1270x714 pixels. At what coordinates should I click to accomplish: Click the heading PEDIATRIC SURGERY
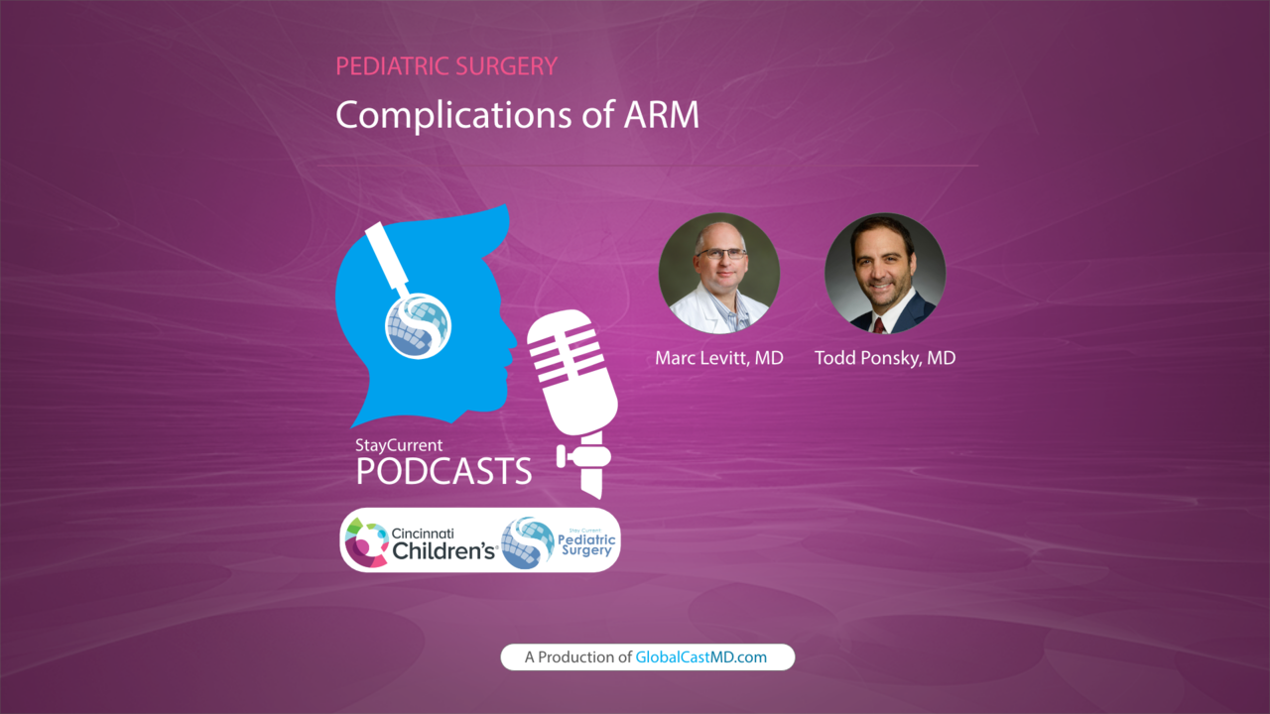click(446, 66)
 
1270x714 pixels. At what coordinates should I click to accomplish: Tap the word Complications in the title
click(454, 116)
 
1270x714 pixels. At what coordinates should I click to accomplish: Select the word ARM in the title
click(662, 114)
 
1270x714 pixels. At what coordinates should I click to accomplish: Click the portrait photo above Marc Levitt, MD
click(719, 273)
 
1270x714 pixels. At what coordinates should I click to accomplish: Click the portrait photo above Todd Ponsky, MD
click(885, 273)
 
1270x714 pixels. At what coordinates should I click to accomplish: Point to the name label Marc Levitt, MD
click(719, 358)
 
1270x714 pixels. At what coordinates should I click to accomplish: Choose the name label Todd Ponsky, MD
click(885, 358)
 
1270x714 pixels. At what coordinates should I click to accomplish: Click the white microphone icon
click(573, 403)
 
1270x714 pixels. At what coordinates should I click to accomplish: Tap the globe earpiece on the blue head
click(418, 326)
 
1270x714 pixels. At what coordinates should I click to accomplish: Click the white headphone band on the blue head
click(388, 259)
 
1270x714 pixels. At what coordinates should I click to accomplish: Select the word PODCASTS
click(444, 471)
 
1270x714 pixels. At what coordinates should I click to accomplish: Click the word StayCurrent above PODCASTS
click(399, 445)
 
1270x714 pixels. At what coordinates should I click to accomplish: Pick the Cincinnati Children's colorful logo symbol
click(366, 542)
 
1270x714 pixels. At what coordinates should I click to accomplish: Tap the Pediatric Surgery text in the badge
click(586, 545)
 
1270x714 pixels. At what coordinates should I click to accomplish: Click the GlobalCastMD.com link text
click(700, 657)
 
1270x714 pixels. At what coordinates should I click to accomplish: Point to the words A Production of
click(577, 657)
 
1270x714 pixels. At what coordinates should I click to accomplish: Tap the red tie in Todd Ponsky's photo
click(879, 325)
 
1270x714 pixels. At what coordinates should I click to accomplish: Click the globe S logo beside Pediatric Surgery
click(528, 542)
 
